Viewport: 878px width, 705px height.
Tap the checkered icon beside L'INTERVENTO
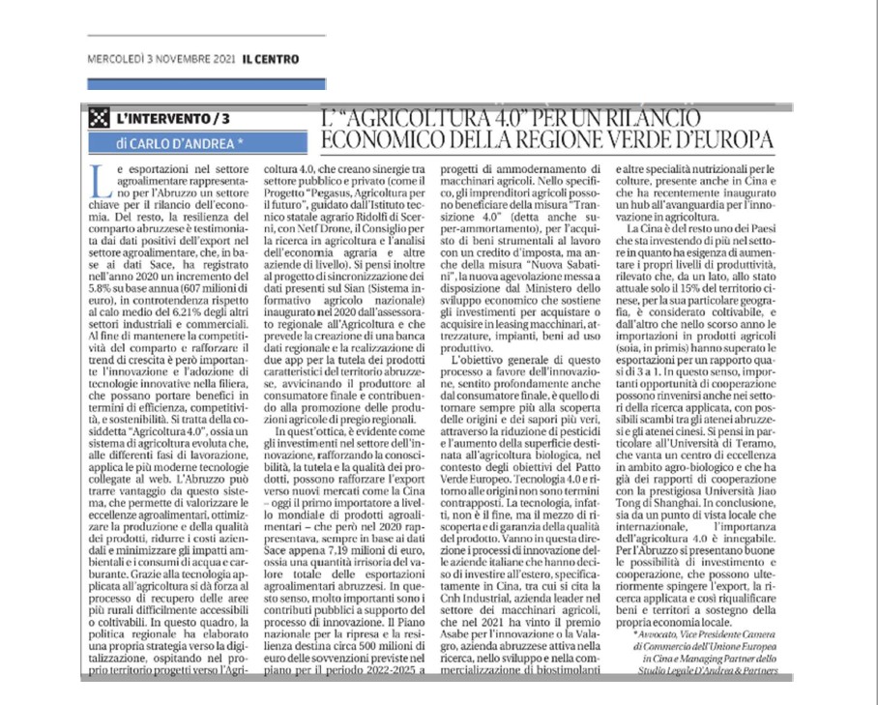click(99, 119)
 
